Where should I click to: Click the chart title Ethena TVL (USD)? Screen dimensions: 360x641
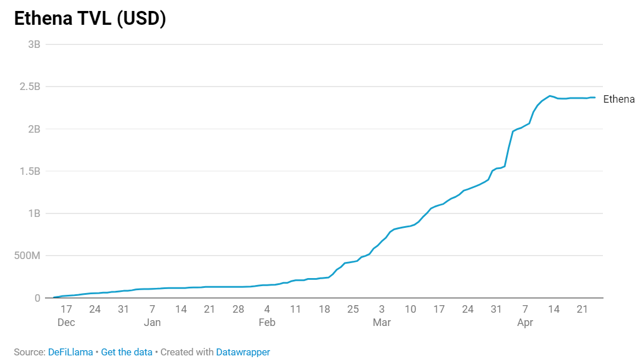(x=90, y=19)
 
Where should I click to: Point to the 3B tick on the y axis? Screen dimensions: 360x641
(x=33, y=44)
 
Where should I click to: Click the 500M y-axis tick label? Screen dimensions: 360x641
(x=27, y=256)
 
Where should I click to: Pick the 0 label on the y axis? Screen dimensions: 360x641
(x=37, y=298)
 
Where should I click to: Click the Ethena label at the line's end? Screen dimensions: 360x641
(x=618, y=99)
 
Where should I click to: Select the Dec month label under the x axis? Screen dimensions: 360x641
(x=66, y=322)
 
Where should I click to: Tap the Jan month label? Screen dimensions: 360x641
(x=152, y=322)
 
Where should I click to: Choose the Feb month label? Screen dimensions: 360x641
(x=267, y=322)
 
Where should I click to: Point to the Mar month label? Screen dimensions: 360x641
(x=382, y=322)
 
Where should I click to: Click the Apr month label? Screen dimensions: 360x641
(x=525, y=322)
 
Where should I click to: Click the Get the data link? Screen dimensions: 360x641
(x=127, y=352)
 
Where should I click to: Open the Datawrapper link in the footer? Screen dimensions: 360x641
(x=243, y=352)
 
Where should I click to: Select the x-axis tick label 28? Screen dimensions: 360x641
(x=238, y=310)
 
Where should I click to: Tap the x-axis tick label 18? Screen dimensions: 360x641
(x=324, y=310)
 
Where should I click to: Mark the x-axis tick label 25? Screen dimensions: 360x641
(x=353, y=310)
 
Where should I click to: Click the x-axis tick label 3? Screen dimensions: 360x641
(x=382, y=310)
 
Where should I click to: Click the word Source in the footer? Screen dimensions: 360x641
(x=29, y=352)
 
